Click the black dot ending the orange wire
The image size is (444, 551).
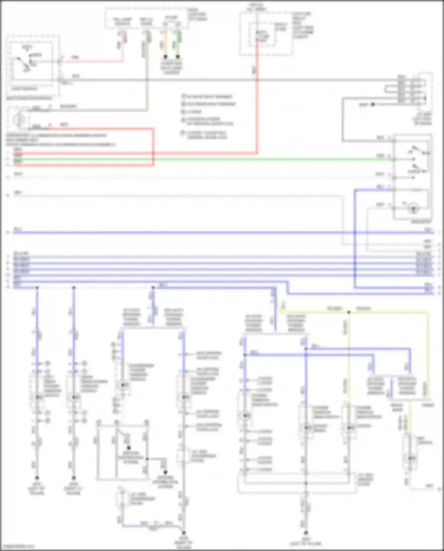pos(165,56)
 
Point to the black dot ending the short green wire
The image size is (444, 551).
pos(178,56)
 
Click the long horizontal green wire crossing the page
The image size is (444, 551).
pos(237,160)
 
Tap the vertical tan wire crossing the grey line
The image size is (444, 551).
pos(147,89)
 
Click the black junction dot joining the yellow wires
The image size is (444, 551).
pos(349,312)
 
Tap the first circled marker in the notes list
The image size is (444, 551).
pos(183,97)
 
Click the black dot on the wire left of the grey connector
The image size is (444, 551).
pos(373,104)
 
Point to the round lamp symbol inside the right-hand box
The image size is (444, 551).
pos(414,209)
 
